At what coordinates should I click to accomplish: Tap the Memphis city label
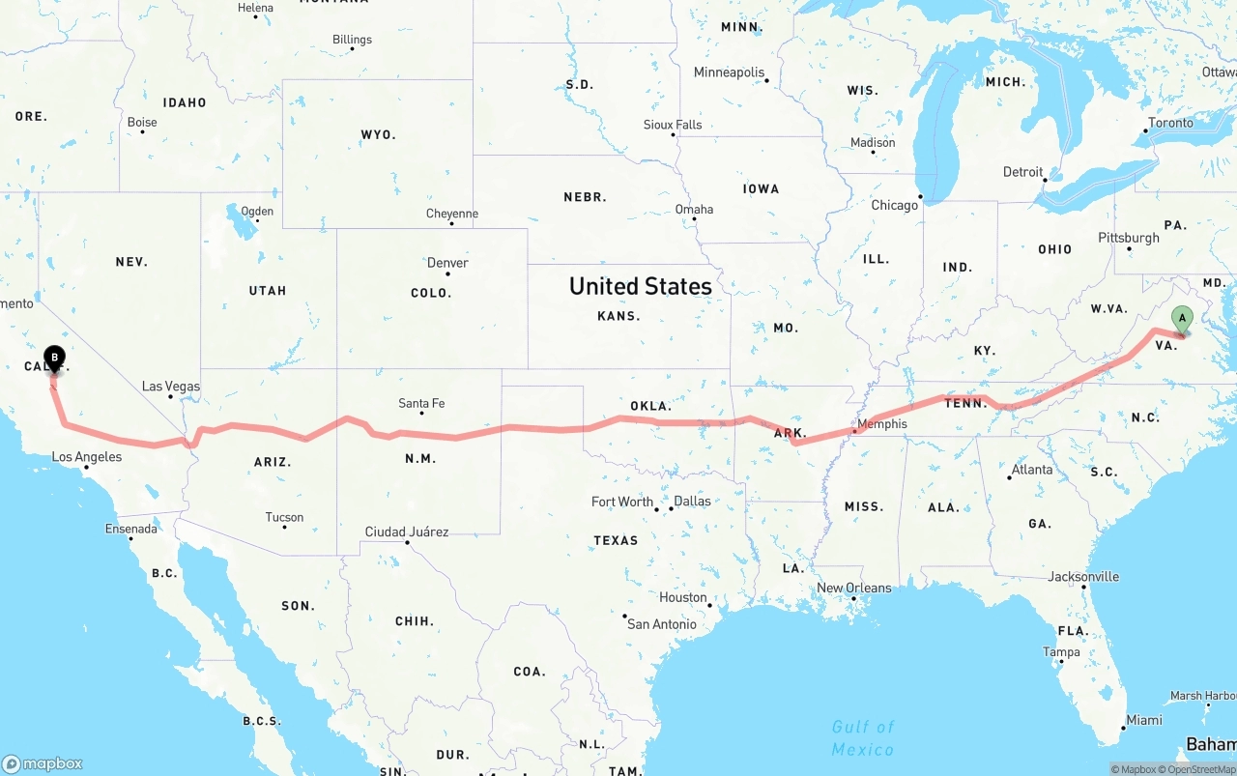pyautogui.click(x=881, y=423)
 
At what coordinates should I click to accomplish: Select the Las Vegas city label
pyautogui.click(x=171, y=387)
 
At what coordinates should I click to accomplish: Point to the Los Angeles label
pyautogui.click(x=87, y=456)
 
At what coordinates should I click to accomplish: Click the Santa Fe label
pyautogui.click(x=421, y=403)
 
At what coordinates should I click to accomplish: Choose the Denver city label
pyautogui.click(x=447, y=263)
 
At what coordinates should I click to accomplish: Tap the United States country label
pyautogui.click(x=640, y=286)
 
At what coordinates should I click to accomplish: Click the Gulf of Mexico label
pyautogui.click(x=863, y=737)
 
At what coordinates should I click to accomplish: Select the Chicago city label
pyautogui.click(x=894, y=205)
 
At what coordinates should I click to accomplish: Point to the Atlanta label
pyautogui.click(x=1031, y=470)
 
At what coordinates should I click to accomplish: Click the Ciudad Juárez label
pyautogui.click(x=407, y=532)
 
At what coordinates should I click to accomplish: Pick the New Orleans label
pyautogui.click(x=854, y=588)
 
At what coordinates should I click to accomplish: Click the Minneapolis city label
pyautogui.click(x=729, y=72)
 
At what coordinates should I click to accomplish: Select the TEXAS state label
pyautogui.click(x=616, y=540)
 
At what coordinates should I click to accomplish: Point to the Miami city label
pyautogui.click(x=1144, y=720)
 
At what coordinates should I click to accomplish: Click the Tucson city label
pyautogui.click(x=284, y=517)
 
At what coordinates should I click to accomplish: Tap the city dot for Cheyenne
pyautogui.click(x=452, y=223)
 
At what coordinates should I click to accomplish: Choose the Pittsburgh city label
pyautogui.click(x=1128, y=238)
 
